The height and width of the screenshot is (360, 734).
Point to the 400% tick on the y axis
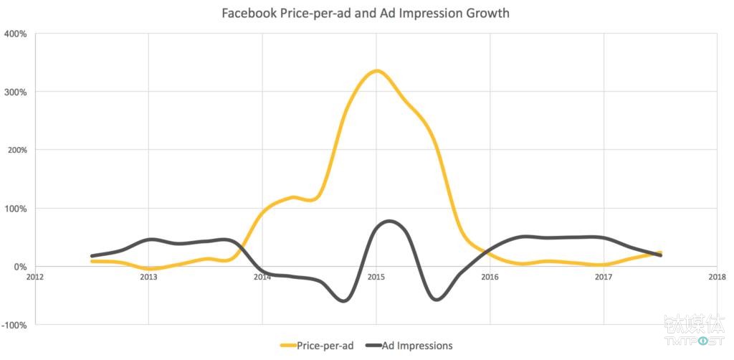pyautogui.click(x=16, y=34)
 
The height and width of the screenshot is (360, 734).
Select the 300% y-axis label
pyautogui.click(x=16, y=92)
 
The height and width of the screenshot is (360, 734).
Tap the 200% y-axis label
pyautogui.click(x=16, y=150)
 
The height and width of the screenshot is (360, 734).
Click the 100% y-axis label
pyautogui.click(x=16, y=209)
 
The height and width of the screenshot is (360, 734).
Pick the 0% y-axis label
pyautogui.click(x=19, y=267)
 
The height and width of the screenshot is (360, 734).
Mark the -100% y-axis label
pyautogui.click(x=14, y=325)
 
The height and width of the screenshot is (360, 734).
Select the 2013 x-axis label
pyautogui.click(x=148, y=276)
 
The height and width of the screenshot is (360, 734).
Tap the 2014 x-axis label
pyautogui.click(x=262, y=276)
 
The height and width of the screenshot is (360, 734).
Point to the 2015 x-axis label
pyautogui.click(x=376, y=276)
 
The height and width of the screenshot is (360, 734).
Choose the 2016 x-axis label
pyautogui.click(x=490, y=276)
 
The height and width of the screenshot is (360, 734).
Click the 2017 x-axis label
pyautogui.click(x=604, y=276)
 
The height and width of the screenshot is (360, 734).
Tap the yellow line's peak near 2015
pyautogui.click(x=377, y=70)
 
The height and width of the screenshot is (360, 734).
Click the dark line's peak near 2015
pyautogui.click(x=388, y=221)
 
